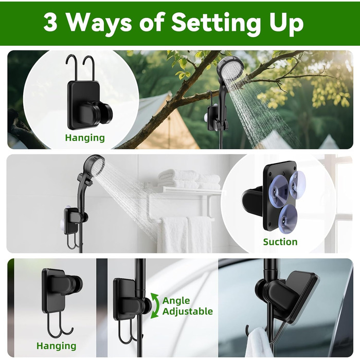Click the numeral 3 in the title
(50, 23)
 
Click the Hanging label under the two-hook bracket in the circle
(85, 138)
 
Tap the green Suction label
(280, 242)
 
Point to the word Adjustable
(188, 312)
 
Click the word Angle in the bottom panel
(176, 301)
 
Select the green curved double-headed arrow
(154, 305)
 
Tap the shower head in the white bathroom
(94, 165)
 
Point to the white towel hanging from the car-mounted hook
(258, 343)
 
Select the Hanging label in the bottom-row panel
(56, 346)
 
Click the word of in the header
(152, 23)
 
